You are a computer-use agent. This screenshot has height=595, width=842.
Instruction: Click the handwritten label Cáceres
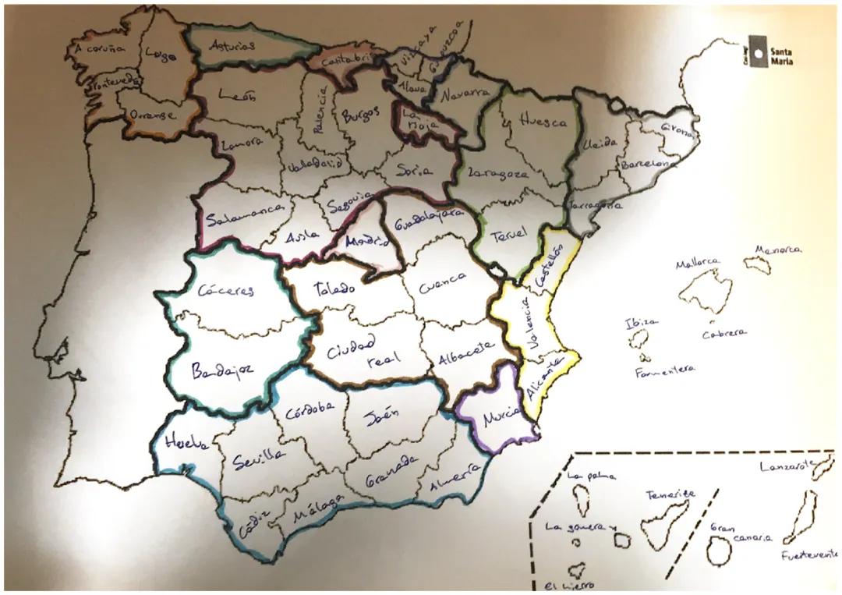click(x=225, y=292)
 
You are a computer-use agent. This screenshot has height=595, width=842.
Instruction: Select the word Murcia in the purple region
click(x=501, y=418)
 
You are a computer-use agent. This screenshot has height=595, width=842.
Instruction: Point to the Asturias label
click(x=232, y=46)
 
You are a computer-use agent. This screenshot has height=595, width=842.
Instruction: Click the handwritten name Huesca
click(x=543, y=122)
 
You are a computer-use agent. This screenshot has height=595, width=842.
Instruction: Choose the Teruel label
click(x=509, y=233)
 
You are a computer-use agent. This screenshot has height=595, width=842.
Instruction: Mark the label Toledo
click(x=334, y=289)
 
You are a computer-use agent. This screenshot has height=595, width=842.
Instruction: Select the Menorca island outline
click(x=757, y=264)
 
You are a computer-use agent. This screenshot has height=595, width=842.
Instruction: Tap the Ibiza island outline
click(x=640, y=339)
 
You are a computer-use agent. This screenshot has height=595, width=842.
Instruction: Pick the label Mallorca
click(x=698, y=264)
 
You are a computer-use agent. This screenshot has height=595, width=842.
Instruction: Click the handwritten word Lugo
click(x=160, y=55)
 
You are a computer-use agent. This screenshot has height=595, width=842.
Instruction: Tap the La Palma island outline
click(x=582, y=494)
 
